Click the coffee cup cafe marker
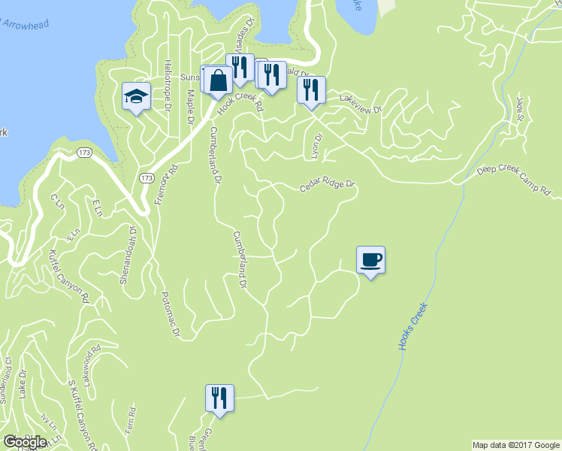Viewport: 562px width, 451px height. pos(370,260)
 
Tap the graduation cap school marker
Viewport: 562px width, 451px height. pos(137,96)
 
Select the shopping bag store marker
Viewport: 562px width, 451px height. pos(217,80)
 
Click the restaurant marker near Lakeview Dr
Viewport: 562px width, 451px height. pos(311,90)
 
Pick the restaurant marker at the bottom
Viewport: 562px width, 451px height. pos(219,398)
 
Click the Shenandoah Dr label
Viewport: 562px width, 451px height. pos(128,256)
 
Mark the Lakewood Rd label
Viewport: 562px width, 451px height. pos(92,364)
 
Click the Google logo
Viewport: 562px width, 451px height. pos(25,442)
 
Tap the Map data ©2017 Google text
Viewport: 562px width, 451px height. pos(515,445)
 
